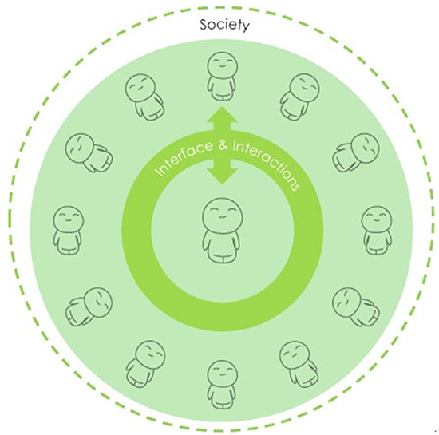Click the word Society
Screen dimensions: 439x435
[224, 26]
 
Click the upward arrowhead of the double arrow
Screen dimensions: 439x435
[223, 115]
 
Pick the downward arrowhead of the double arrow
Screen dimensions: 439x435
[223, 176]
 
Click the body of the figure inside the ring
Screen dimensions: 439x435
[223, 246]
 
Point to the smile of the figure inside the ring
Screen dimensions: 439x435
[223, 217]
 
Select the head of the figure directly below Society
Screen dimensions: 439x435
[222, 66]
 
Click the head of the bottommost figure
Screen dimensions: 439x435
[223, 375]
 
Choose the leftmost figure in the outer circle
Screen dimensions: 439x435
[68, 231]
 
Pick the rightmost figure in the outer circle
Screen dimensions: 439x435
[377, 231]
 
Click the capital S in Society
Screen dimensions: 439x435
[204, 25]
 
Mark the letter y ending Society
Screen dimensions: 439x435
[245, 27]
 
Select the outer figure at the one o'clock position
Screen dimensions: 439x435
[299, 97]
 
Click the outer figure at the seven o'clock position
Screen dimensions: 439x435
[145, 364]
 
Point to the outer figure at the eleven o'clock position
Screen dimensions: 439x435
[144, 97]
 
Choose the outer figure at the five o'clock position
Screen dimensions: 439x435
[299, 364]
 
